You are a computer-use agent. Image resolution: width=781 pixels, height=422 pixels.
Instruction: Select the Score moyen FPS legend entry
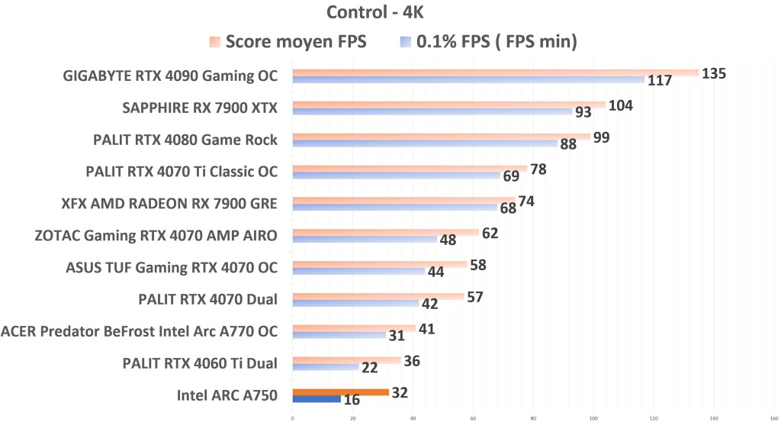coord(288,42)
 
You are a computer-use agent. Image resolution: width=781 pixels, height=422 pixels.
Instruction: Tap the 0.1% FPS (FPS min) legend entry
coord(489,42)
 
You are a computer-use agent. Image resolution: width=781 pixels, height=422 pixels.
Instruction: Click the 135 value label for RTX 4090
coord(714,73)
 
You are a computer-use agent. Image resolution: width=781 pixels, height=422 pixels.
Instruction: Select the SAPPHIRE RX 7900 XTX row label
coord(200,108)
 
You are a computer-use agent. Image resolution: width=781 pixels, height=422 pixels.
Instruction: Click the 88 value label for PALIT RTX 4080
coord(569,144)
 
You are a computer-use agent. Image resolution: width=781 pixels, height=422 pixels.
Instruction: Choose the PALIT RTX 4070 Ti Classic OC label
coord(182,171)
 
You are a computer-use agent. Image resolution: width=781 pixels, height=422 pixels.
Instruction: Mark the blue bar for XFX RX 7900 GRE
coord(394,208)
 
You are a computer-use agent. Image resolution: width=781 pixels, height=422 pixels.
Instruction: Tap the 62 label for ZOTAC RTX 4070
coord(490,233)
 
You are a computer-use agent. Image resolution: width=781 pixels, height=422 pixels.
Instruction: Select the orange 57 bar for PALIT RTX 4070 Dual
coord(378,296)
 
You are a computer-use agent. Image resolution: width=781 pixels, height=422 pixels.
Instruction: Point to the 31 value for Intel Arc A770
coord(397,336)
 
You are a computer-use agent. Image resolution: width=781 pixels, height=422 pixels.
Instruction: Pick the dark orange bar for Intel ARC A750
coord(340,391)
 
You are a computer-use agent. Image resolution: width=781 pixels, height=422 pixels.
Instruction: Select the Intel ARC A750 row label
coord(227,395)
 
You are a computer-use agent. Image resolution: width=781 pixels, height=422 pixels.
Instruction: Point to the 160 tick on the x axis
coord(774,417)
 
